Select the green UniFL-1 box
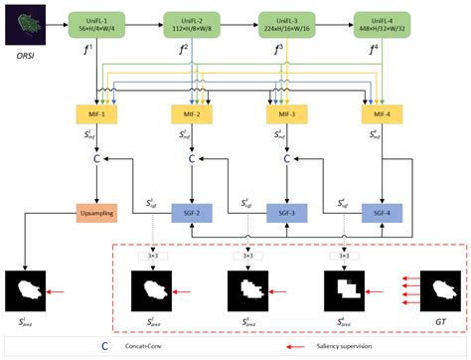(x=95, y=24)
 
